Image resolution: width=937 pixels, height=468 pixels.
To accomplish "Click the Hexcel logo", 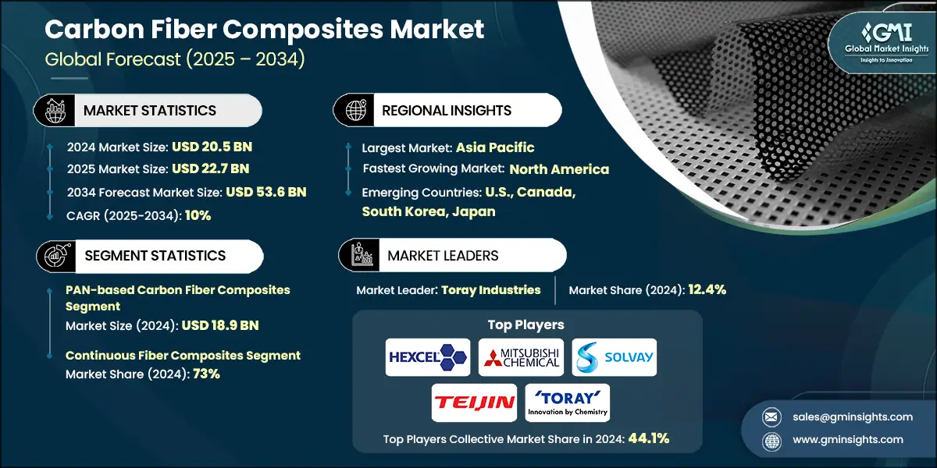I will [428, 357].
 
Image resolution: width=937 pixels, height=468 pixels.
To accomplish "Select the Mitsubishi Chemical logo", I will [521, 357].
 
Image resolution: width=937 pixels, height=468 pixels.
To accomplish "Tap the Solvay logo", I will [615, 357].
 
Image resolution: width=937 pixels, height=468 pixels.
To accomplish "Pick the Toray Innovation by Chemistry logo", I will [568, 402].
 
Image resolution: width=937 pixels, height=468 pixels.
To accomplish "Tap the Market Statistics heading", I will [150, 111].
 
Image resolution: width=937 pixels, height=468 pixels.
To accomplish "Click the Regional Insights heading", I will [446, 111].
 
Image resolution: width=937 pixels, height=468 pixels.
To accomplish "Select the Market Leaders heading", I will [443, 256].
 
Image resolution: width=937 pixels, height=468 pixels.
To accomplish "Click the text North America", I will [558, 169].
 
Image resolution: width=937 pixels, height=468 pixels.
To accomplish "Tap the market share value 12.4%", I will [707, 290].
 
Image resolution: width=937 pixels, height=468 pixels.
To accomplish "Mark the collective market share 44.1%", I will [648, 438].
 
